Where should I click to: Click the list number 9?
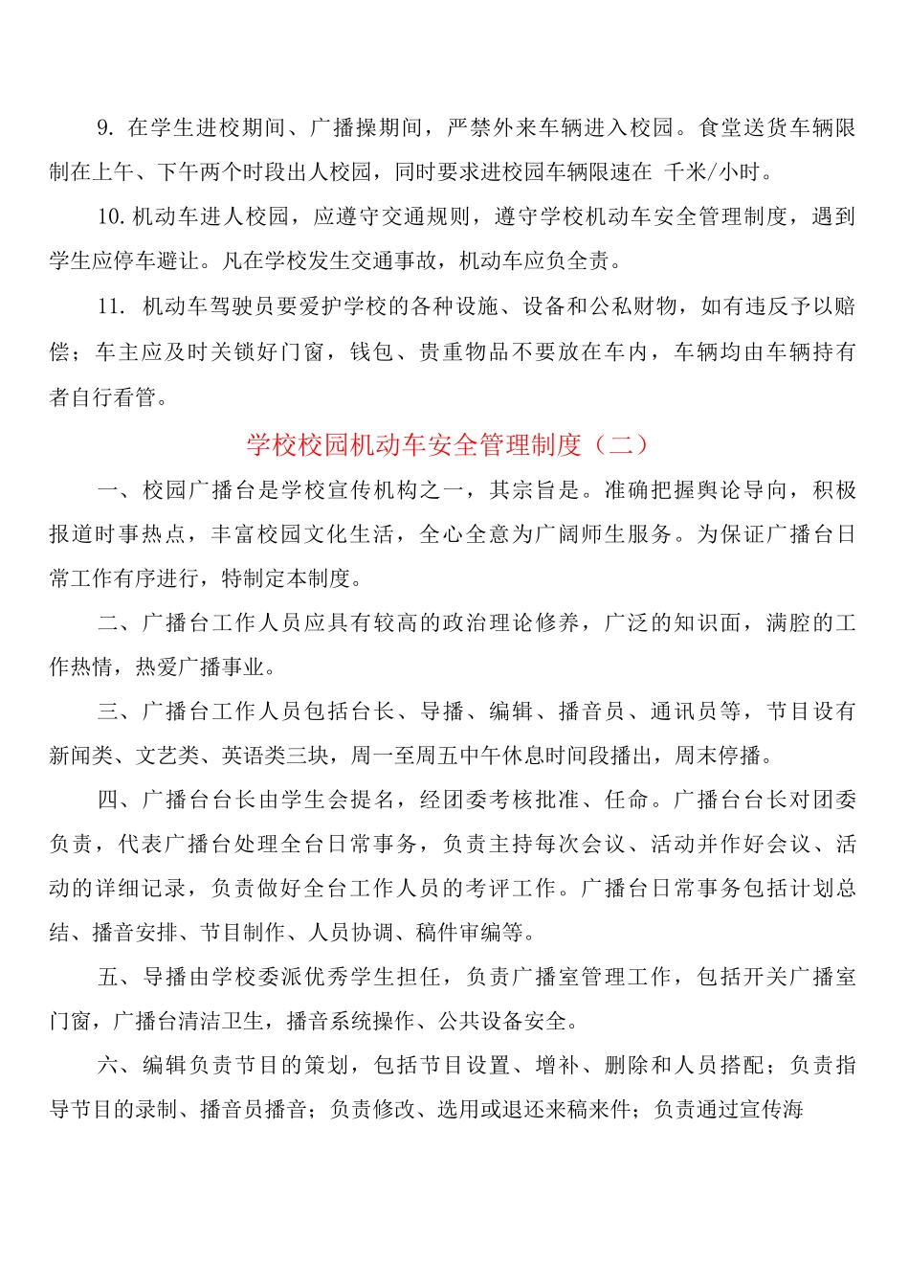[105, 127]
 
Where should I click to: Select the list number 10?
[111, 216]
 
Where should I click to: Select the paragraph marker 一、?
[119, 490]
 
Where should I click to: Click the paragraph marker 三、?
[119, 711]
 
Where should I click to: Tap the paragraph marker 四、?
[119, 800]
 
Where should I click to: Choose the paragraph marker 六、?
[119, 1065]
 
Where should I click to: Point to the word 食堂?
[722, 127]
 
